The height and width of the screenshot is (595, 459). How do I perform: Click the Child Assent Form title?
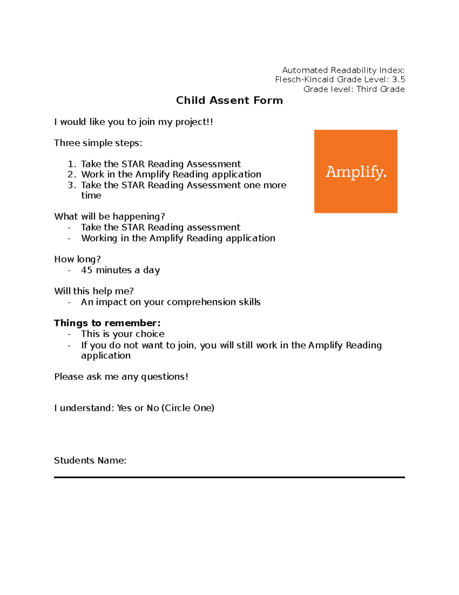coord(229,100)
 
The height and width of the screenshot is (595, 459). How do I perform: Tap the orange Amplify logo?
coord(356,171)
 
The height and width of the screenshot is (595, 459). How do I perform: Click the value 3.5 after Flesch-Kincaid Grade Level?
coord(399,80)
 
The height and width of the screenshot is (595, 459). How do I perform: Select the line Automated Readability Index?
coord(343,70)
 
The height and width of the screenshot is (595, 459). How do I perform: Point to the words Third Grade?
coord(380,89)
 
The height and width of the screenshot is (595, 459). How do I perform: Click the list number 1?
coord(72,164)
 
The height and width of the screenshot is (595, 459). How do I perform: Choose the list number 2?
coord(72,174)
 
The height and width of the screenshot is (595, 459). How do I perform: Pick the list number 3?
coord(72,185)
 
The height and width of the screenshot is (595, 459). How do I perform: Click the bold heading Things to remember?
coord(107,323)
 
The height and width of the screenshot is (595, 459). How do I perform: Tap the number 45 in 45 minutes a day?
coord(86,270)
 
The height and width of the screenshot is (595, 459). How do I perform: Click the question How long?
coord(77,259)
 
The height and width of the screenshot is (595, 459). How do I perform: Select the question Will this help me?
coord(94,291)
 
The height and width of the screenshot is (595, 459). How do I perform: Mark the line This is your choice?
coord(122,334)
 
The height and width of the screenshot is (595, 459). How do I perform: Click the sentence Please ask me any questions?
coord(121,377)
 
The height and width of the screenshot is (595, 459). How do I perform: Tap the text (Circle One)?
coord(188,408)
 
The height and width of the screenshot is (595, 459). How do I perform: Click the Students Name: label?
coord(90,461)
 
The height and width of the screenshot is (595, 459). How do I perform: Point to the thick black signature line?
coord(229,477)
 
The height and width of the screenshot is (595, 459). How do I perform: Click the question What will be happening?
coord(109,216)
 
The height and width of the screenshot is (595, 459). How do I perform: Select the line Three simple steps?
coord(98,143)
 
